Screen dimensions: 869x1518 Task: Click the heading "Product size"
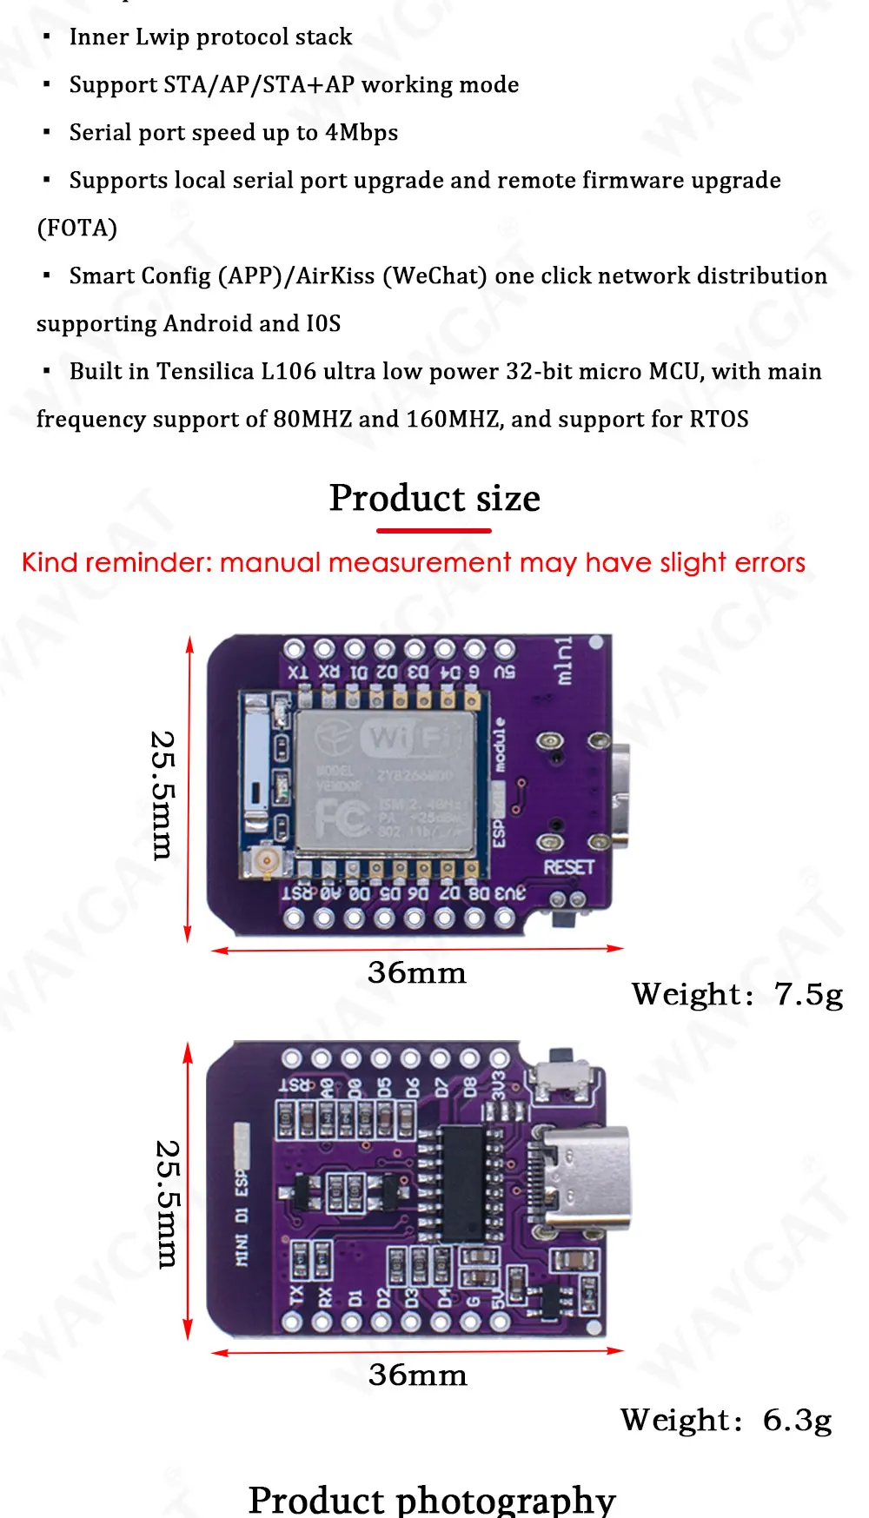click(434, 499)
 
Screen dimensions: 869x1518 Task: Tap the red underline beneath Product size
click(434, 530)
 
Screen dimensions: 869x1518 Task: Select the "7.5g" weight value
click(808, 994)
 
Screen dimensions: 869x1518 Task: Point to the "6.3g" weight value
click(797, 1420)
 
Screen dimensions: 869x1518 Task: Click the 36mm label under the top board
click(417, 972)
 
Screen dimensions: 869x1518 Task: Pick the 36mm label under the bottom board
click(417, 1375)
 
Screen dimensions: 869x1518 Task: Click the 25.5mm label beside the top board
click(163, 795)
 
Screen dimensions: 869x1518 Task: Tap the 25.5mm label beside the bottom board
click(167, 1203)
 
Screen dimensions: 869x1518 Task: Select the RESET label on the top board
click(568, 867)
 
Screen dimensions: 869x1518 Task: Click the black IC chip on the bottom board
click(462, 1183)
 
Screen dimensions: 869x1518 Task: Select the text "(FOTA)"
click(76, 228)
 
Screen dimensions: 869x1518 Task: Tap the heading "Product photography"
click(432, 1499)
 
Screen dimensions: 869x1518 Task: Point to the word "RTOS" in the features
click(719, 420)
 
